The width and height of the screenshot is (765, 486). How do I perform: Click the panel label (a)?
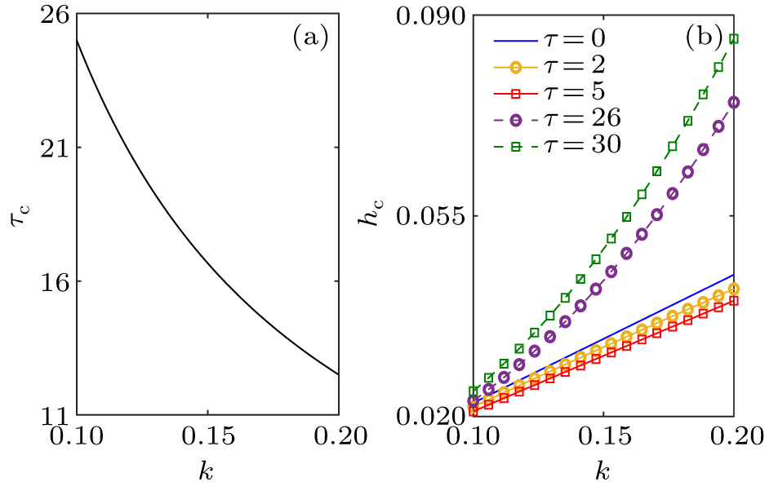coord(310,38)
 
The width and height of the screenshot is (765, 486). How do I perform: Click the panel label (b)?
coord(708,38)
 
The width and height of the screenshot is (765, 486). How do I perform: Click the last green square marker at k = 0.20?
coord(733,38)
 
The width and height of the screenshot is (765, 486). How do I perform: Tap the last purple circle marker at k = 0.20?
coord(733,102)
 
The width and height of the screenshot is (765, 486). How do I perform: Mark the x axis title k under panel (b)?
coord(603,471)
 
